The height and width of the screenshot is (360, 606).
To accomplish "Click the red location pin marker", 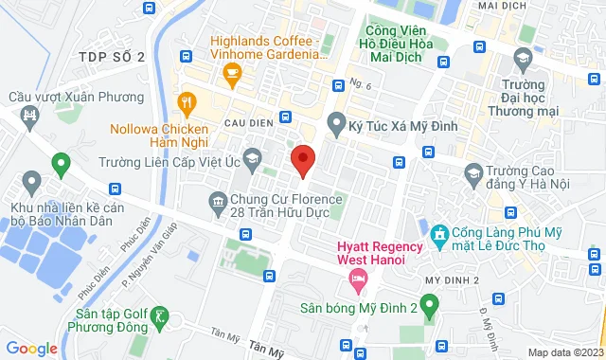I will tap(302, 160).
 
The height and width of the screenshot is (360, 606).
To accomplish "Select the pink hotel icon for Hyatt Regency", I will tap(357, 278).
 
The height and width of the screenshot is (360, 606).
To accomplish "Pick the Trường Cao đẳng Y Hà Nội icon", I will tap(473, 172).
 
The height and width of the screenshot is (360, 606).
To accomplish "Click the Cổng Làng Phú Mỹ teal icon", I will tap(438, 233).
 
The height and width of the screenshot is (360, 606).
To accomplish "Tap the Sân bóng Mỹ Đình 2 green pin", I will tap(428, 305).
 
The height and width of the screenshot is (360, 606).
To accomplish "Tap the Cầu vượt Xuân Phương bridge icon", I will tap(29, 116).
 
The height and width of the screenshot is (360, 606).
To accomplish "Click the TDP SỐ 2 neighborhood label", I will tap(112, 57).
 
